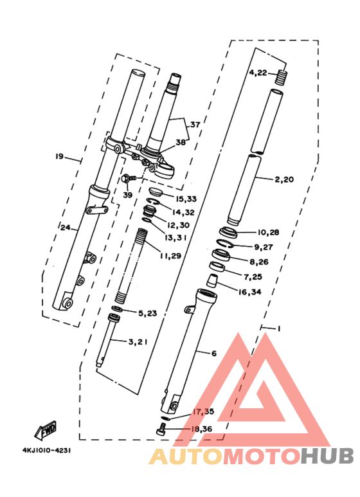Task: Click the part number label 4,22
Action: [258, 73]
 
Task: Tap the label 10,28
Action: [267, 232]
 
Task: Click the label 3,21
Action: [138, 342]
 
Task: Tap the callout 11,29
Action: [171, 256]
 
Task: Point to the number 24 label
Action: [65, 227]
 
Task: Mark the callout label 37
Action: [195, 125]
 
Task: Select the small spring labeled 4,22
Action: [280, 78]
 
